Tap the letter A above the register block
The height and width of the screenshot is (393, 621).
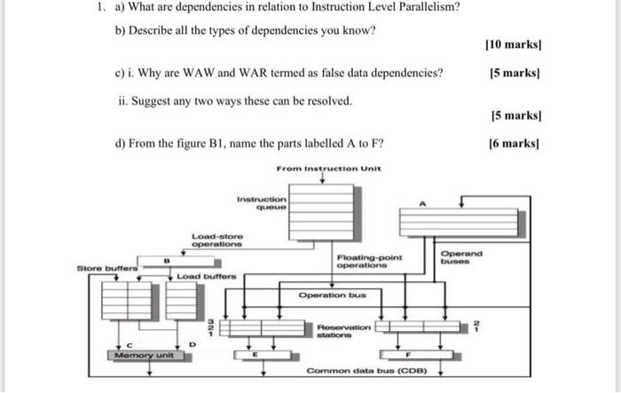[x=422, y=204]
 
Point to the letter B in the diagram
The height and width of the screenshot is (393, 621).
[x=166, y=260]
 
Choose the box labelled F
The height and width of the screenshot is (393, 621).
[x=407, y=354]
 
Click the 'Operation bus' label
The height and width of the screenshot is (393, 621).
[x=332, y=294]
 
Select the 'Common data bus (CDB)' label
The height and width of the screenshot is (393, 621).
[x=367, y=371]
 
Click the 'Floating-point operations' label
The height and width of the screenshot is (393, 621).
[x=368, y=261]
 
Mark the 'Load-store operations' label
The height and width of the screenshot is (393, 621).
[x=217, y=239]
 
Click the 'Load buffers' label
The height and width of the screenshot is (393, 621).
[x=207, y=278]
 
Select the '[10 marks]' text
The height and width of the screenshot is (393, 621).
[x=514, y=43]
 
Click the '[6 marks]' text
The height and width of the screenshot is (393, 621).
[x=516, y=143]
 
